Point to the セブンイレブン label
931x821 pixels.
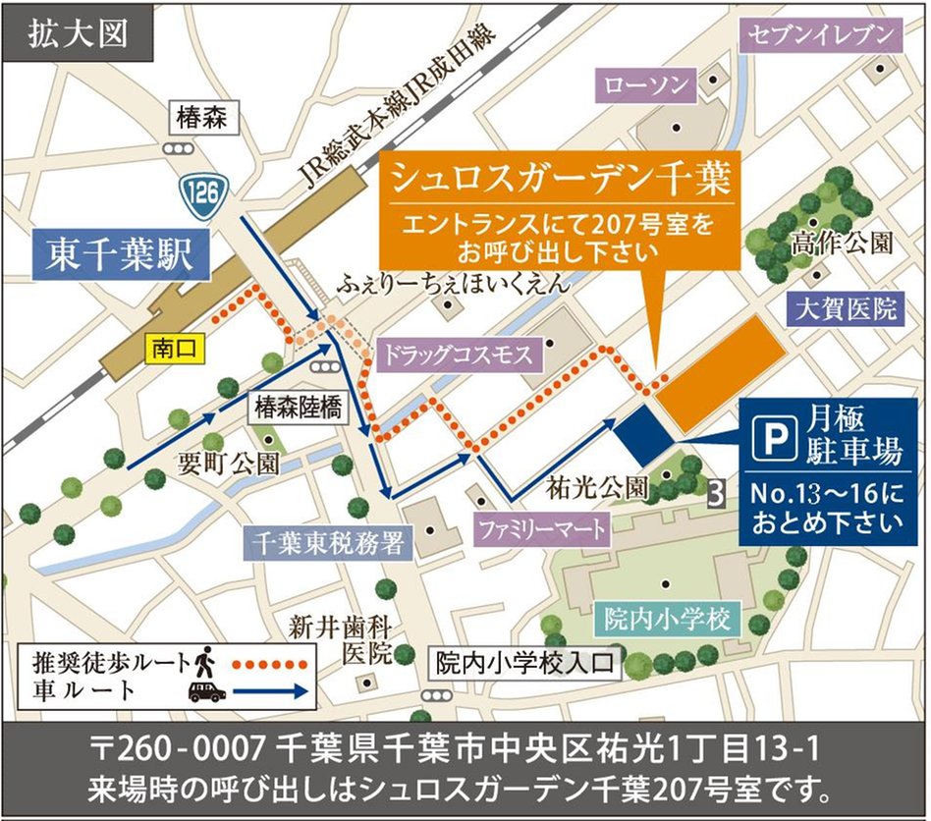tap(822, 36)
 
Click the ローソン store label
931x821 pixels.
tap(646, 85)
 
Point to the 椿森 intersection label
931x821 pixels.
tap(202, 119)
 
